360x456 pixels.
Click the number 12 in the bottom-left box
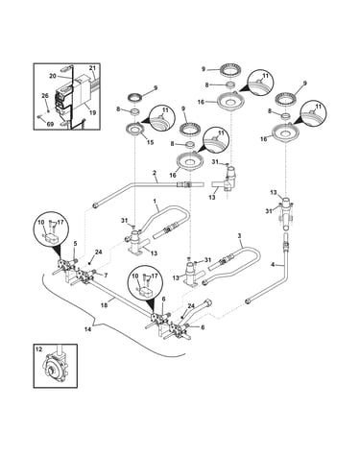click(38, 349)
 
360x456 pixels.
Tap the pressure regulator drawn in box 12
click(56, 368)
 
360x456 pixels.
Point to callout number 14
click(87, 329)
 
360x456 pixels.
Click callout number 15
click(150, 142)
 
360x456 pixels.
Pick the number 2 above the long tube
click(155, 173)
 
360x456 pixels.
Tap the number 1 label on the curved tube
click(155, 201)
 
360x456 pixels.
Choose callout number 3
click(239, 236)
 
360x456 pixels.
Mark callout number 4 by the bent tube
click(273, 265)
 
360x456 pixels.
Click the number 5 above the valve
click(75, 244)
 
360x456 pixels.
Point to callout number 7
click(106, 276)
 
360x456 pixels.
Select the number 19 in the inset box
click(93, 112)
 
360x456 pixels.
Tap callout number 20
click(53, 76)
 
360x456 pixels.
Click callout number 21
click(92, 68)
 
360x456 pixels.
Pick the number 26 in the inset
click(45, 96)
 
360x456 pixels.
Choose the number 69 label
click(50, 124)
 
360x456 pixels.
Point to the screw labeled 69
click(40, 117)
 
